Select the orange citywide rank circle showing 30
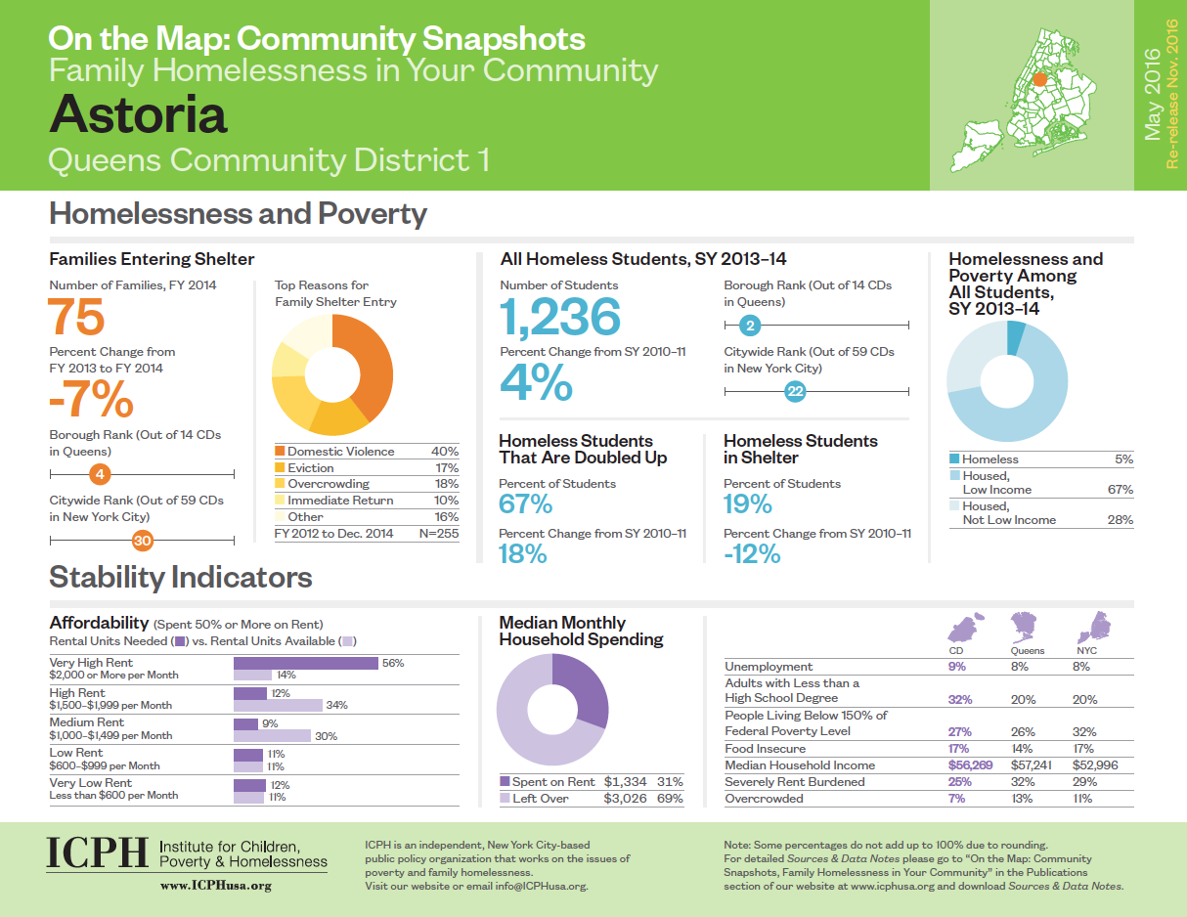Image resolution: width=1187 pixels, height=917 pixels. tap(143, 540)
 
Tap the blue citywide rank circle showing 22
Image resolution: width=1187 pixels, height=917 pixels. tap(795, 391)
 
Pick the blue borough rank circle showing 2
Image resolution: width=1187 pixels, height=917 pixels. tap(747, 326)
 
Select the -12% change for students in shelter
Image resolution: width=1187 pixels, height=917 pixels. tap(752, 554)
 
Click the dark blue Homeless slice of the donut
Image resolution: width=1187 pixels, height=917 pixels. tap(1016, 337)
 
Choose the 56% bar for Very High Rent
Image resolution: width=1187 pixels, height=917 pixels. tap(305, 663)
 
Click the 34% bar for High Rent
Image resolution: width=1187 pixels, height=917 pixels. tap(278, 705)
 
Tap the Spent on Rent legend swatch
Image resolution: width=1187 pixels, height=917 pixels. tap(506, 782)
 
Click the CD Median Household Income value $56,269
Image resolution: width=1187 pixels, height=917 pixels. tap(970, 765)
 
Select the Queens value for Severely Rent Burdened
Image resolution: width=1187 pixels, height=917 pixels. tap(1022, 782)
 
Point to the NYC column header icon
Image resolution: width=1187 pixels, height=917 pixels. tap(1089, 625)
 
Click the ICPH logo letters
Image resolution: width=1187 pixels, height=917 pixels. tap(97, 853)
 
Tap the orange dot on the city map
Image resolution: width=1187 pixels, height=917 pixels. tap(1039, 80)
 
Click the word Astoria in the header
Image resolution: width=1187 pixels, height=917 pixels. tap(138, 113)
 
